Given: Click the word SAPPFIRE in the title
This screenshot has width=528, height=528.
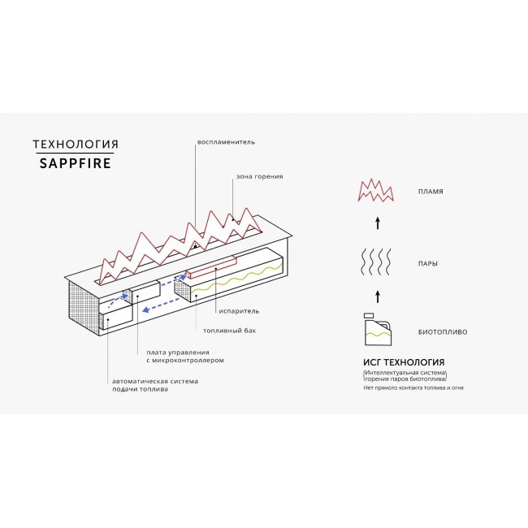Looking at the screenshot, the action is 75,163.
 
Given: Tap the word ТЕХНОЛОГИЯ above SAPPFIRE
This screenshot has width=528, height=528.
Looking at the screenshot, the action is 76,145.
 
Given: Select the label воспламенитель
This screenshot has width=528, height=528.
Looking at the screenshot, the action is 226,142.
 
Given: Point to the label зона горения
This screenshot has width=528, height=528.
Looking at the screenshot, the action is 259,176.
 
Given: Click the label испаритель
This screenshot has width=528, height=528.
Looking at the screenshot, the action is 239,311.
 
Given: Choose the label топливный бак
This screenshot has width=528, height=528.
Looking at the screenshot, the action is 229,331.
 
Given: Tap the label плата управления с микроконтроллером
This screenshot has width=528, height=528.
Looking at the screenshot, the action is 185,357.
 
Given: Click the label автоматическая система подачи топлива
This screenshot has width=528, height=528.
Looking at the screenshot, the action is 155,385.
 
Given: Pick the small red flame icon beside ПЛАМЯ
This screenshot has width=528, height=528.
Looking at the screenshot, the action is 376,190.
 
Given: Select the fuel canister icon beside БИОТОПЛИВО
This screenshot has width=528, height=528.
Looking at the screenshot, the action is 379,329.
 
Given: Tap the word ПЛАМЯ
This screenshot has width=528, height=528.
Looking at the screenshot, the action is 431,192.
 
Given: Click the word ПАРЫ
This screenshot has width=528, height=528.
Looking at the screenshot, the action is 428,264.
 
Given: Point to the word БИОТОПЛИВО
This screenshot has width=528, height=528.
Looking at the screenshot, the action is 443,332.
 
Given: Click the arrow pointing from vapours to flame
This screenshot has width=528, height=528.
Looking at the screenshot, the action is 378,223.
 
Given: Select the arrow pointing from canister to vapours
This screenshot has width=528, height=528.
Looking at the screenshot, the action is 378,296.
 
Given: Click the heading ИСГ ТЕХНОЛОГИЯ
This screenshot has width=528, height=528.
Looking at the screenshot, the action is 404,362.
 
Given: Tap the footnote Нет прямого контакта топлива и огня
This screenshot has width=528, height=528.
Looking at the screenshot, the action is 413,388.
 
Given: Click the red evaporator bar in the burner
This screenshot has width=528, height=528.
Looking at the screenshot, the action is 211,268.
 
